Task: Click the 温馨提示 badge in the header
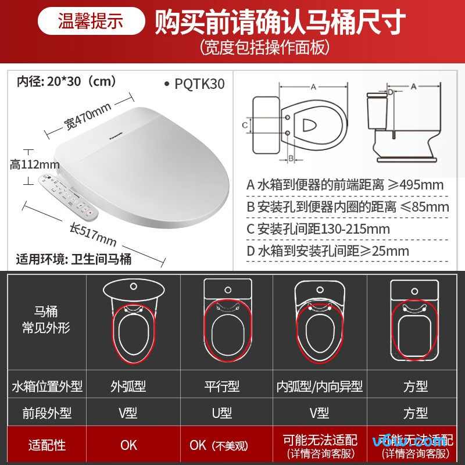coord(91,21)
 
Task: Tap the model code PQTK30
coord(199,84)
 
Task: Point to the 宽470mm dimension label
coord(87,116)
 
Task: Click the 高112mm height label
coord(35,164)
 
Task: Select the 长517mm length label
coord(93,234)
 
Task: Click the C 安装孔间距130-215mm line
coord(318,228)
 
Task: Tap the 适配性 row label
coord(47,445)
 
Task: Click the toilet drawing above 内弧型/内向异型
coord(321,322)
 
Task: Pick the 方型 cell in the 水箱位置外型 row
coord(415,386)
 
